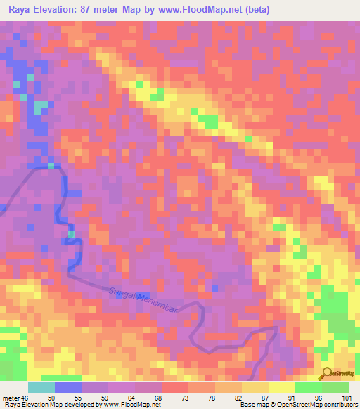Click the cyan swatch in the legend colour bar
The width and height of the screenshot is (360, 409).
click(x=41, y=387)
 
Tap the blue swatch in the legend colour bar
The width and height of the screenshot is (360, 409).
click(x=68, y=387)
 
